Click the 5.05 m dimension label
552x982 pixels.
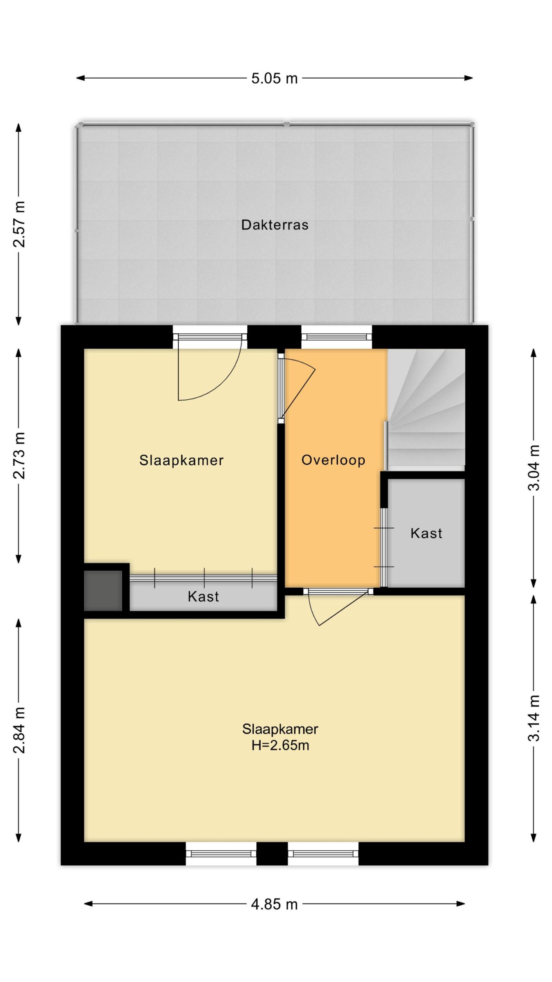[274, 78]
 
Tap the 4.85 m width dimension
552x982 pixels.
[274, 904]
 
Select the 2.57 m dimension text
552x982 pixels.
[19, 224]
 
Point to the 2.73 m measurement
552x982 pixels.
[19, 455]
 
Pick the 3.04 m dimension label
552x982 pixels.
[534, 468]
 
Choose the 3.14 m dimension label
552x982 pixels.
[534, 718]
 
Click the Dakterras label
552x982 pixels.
[275, 225]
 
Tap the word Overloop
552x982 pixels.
[333, 460]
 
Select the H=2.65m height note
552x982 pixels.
[280, 745]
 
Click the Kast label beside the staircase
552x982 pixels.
[426, 533]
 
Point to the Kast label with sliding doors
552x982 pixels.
[203, 596]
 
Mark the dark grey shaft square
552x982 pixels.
[103, 591]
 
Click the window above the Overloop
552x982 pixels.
[337, 337]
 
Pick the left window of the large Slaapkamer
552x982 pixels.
[221, 853]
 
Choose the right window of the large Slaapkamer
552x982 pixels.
[323, 853]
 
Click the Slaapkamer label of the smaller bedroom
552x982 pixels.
[181, 460]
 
